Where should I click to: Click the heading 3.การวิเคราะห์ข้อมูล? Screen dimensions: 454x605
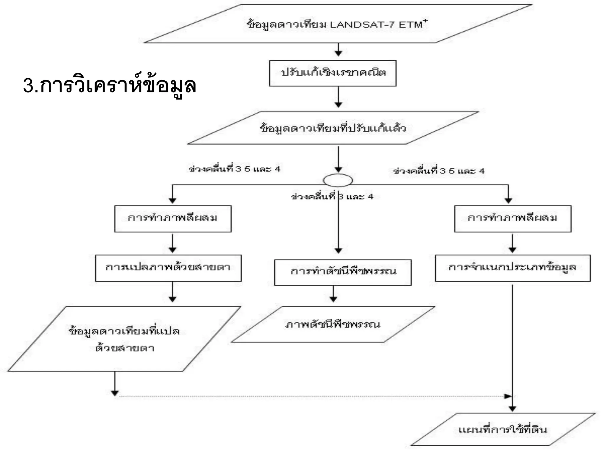(x=109, y=86)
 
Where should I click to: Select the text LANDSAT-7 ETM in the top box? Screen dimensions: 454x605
(x=377, y=25)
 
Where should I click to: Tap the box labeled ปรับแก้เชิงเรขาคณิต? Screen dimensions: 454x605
(x=333, y=73)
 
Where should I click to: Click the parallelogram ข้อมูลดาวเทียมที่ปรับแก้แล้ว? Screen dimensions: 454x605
(x=333, y=128)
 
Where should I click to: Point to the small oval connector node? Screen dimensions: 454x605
(x=338, y=180)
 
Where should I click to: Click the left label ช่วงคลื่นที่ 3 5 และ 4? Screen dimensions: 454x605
(x=235, y=169)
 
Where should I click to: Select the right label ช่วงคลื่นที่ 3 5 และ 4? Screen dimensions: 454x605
(x=439, y=171)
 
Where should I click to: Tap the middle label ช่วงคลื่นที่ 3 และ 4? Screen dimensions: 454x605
(x=332, y=197)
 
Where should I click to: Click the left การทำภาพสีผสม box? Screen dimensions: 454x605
(x=173, y=219)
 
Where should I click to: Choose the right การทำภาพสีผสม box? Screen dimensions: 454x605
(x=513, y=219)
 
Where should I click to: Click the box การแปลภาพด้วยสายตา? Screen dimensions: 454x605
(x=168, y=268)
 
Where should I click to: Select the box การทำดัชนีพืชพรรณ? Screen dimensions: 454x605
(x=343, y=272)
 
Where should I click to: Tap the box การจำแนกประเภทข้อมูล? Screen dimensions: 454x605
(x=513, y=268)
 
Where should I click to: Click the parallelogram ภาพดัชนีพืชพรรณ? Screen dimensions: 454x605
(x=333, y=324)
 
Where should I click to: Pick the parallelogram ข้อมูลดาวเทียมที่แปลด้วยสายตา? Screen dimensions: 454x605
(x=124, y=339)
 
